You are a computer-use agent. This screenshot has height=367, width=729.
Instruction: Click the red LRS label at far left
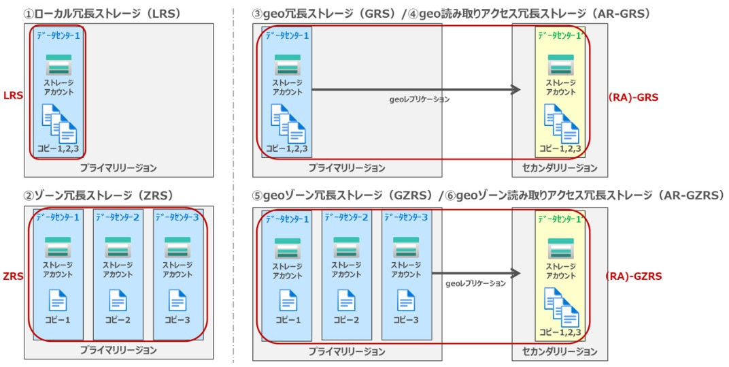coord(13,97)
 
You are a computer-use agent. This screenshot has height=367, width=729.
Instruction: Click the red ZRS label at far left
coord(13,276)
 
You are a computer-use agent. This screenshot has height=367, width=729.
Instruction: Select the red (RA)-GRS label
coord(632,97)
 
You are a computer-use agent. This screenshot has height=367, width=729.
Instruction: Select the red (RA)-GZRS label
coord(634,276)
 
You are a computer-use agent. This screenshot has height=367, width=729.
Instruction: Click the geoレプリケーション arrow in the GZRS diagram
coord(476,273)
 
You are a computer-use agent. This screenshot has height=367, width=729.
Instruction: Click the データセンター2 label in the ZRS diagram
coord(118,218)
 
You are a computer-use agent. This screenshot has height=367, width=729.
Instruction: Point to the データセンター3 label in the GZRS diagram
coord(406,218)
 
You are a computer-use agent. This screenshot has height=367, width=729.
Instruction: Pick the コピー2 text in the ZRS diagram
coord(118,320)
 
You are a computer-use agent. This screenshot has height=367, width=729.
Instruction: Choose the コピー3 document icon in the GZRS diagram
coord(406,300)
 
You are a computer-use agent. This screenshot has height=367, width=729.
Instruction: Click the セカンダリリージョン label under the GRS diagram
coord(560,168)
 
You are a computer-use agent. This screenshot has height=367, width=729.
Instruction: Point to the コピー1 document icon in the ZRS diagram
coord(58,300)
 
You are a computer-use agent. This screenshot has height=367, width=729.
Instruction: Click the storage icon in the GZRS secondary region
coord(560,249)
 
